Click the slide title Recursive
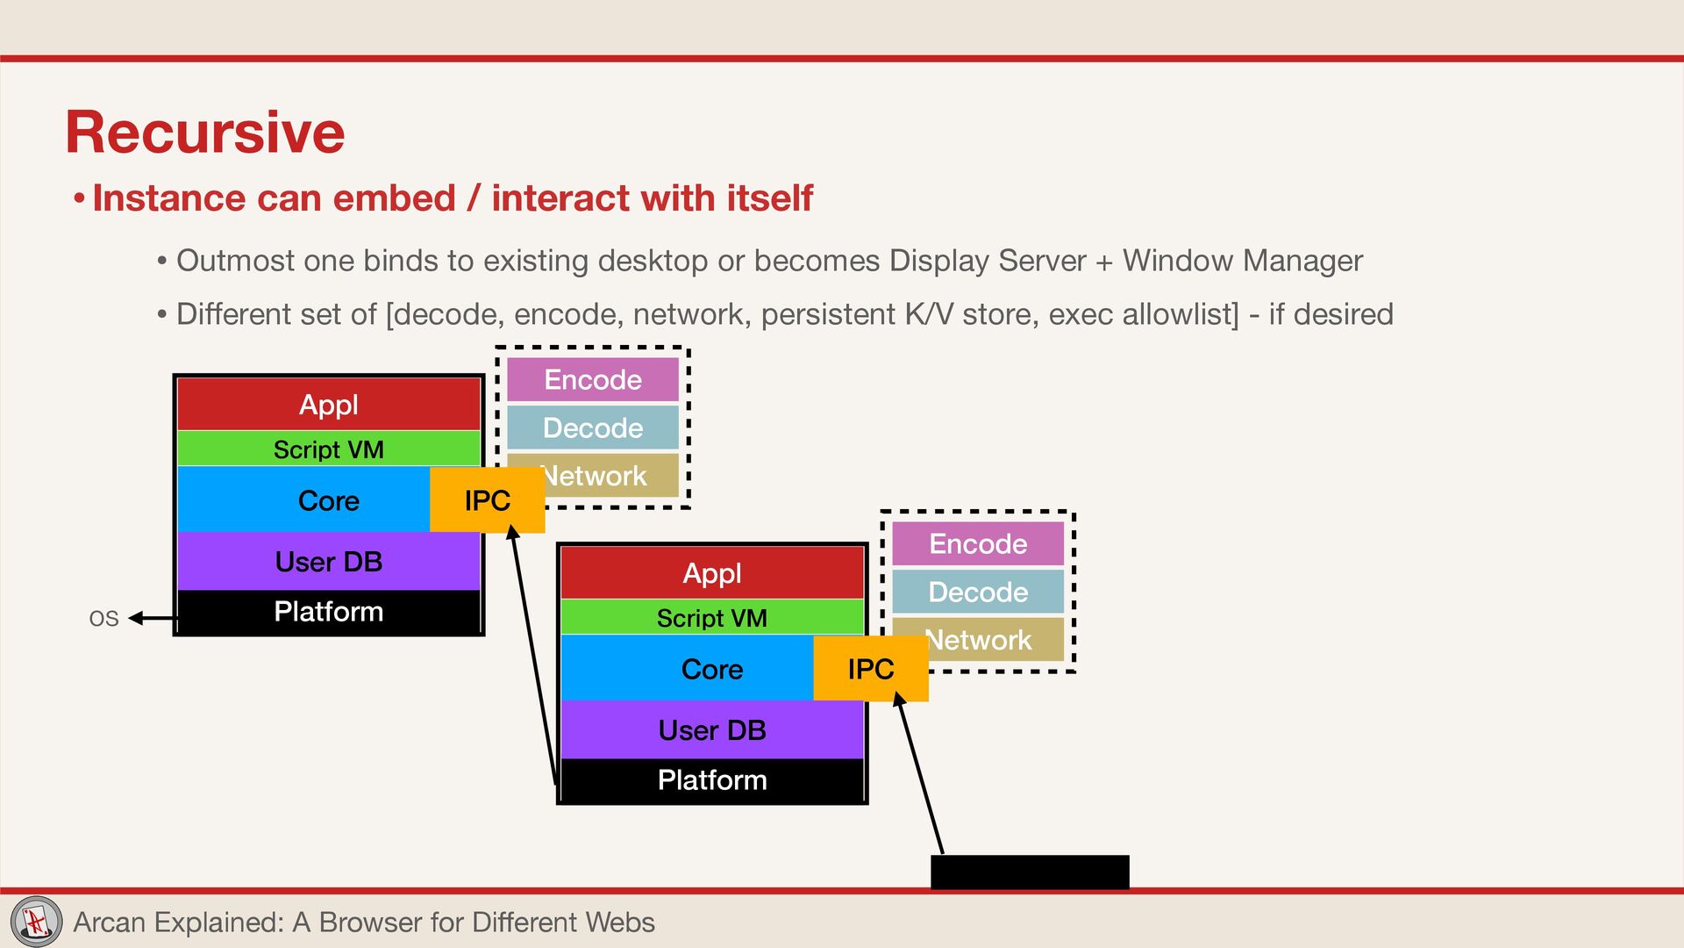pos(205,133)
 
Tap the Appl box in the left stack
pos(329,405)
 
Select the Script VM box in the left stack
pos(329,449)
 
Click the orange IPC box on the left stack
pos(487,500)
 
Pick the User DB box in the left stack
pos(329,562)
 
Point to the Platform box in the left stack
pos(329,612)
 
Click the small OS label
pos(103,619)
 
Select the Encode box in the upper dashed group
pos(593,380)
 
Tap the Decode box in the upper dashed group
pos(593,427)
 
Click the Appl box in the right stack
pos(712,573)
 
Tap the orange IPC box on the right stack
pos(870,669)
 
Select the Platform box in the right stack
pos(712,780)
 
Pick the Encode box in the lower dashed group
pos(978,544)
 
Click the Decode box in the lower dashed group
pos(978,592)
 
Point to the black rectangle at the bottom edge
pos(1030,872)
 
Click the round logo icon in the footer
pos(36,922)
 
